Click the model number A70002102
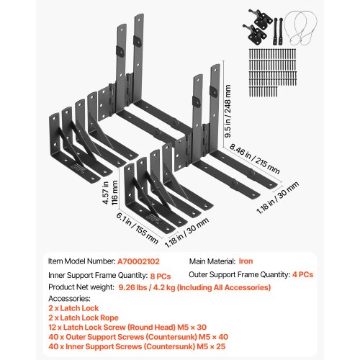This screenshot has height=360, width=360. tap(138, 261)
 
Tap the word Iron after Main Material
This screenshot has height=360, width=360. tap(246, 261)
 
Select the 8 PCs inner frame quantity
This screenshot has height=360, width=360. tap(161, 276)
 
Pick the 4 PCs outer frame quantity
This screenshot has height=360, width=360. tap(302, 274)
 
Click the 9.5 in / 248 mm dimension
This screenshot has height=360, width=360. tap(228, 111)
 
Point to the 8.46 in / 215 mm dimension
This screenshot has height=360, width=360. tap(254, 158)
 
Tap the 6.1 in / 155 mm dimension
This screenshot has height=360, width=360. tap(137, 228)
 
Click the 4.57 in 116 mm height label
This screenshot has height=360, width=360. tap(110, 193)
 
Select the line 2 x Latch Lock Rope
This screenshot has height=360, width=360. tap(84, 318)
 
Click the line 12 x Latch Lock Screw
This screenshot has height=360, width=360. tap(127, 328)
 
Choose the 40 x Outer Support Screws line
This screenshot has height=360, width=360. tap(138, 337)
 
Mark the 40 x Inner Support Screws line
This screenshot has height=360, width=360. tap(137, 346)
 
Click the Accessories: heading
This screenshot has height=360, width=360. tap(69, 299)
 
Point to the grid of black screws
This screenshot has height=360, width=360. tap(273, 73)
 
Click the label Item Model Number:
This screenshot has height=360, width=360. tap(82, 261)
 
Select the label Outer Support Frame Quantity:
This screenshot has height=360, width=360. tap(240, 274)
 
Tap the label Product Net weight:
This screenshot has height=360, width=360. tap(81, 287)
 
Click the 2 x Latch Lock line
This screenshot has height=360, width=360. tap(73, 308)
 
